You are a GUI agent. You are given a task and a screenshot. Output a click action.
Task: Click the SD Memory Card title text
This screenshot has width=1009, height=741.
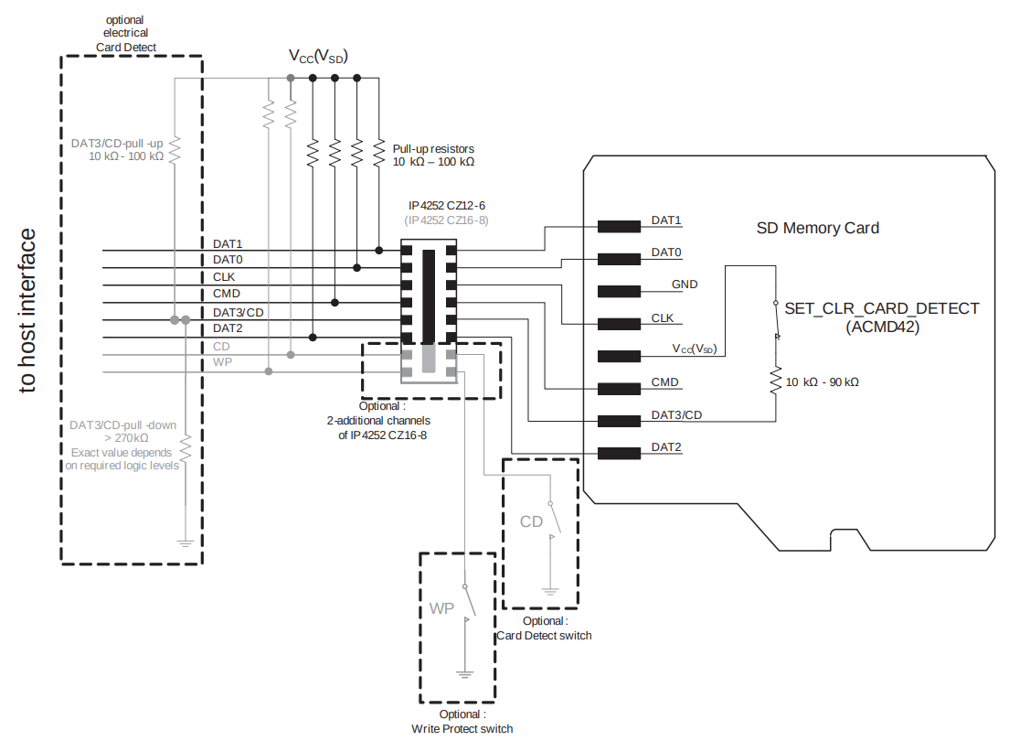[x=817, y=228]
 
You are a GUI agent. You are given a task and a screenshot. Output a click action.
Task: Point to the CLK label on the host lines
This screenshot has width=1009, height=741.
[x=225, y=276]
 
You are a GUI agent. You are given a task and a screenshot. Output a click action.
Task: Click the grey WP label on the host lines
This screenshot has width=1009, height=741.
[x=221, y=363]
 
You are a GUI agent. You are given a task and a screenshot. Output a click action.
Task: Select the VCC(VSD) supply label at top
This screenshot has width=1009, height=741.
[x=318, y=57]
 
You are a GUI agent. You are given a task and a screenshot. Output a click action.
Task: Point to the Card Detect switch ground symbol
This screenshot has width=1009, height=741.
[x=550, y=591]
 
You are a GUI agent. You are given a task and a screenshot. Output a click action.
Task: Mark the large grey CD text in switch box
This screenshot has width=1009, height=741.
[x=531, y=521]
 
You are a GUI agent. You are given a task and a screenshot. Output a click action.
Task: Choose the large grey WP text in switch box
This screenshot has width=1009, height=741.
[x=442, y=608]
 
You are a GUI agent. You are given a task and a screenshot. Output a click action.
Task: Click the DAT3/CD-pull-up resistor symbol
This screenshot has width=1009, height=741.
[x=175, y=148]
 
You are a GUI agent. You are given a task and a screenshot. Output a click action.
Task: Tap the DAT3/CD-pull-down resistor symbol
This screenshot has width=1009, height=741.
[x=186, y=450]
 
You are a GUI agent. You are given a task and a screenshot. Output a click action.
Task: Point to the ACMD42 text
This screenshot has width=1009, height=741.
[x=882, y=326]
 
